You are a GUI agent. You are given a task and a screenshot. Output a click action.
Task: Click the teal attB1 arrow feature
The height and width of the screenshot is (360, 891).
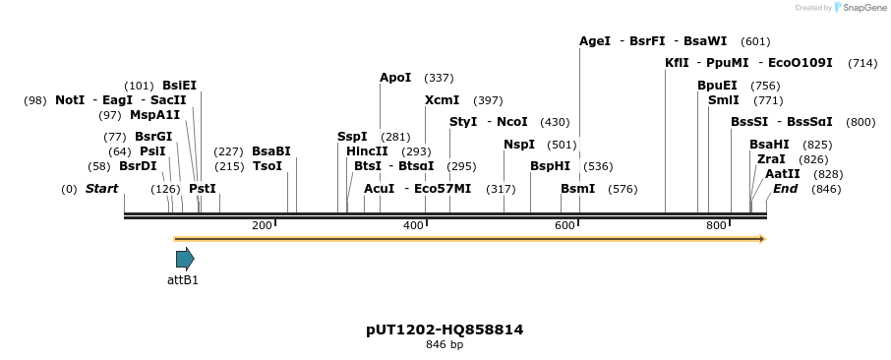click(185, 259)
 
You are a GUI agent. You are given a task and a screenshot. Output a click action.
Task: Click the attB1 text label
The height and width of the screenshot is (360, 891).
click(182, 279)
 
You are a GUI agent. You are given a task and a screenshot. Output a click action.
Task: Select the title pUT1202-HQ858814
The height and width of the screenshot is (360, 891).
click(445, 330)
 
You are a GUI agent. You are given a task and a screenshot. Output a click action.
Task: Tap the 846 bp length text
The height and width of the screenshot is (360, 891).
click(445, 345)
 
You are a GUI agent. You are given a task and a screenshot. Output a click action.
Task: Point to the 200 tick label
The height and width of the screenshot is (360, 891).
click(262, 226)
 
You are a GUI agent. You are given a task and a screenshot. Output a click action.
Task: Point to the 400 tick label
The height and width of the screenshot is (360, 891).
click(413, 226)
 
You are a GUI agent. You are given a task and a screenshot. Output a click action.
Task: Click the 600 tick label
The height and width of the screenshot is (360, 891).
click(564, 226)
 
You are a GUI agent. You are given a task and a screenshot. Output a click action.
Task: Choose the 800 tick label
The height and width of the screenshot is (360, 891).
click(716, 226)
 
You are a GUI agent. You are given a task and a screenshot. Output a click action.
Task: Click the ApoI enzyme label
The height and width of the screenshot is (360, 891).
click(395, 78)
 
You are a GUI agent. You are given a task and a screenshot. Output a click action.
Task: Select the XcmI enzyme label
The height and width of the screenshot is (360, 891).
click(442, 100)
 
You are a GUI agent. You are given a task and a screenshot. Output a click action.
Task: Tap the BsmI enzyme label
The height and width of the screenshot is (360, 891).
click(577, 189)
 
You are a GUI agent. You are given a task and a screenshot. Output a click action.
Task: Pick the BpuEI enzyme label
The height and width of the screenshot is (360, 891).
click(717, 86)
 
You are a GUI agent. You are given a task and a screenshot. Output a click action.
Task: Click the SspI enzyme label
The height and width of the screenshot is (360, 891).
click(352, 137)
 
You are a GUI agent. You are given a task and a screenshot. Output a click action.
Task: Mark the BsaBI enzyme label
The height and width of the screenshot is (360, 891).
click(271, 151)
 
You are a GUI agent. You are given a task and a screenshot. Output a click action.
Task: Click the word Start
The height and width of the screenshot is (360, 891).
click(101, 189)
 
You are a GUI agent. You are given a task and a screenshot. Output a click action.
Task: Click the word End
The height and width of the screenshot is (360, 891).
click(785, 189)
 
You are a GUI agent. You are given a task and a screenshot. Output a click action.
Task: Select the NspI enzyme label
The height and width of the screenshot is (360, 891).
click(518, 145)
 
